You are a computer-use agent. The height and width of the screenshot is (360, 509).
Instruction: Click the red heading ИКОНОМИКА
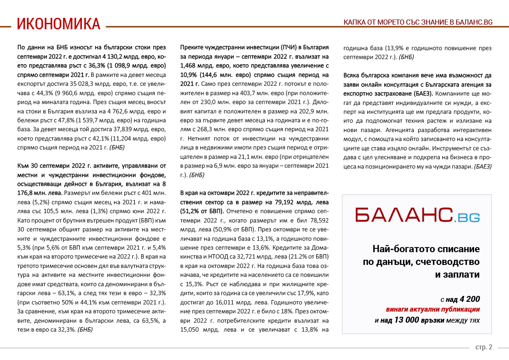[x=59, y=24]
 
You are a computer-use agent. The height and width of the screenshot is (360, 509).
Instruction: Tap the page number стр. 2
[x=484, y=347]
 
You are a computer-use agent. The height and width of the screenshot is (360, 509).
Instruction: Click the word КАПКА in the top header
[x=354, y=22]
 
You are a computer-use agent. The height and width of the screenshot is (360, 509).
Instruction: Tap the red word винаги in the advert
[x=398, y=309]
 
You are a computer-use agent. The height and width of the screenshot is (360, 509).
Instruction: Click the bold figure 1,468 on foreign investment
[x=190, y=65]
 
